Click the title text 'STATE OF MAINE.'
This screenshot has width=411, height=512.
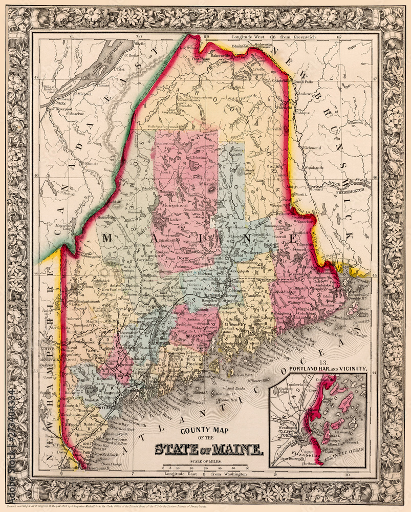(209, 450)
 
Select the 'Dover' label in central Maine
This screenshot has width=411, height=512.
(185, 259)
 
